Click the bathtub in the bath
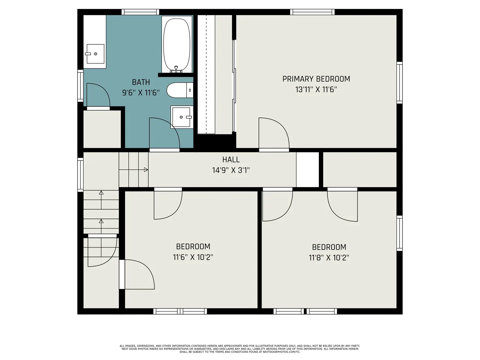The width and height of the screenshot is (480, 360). click(x=176, y=44)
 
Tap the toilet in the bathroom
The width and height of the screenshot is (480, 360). click(x=180, y=90)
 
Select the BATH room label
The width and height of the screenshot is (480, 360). click(x=141, y=82)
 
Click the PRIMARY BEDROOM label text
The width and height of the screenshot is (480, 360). click(x=316, y=79)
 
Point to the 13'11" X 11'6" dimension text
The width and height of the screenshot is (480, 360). click(x=316, y=89)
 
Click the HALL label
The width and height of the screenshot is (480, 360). click(x=231, y=160)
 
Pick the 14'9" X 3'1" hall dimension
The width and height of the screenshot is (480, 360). click(x=231, y=170)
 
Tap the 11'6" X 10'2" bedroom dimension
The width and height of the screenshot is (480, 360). click(x=193, y=257)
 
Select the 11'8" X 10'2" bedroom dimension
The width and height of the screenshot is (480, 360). click(x=329, y=258)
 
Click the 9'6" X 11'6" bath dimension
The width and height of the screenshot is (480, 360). click(x=141, y=93)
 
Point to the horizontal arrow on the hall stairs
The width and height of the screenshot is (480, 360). click(x=133, y=169)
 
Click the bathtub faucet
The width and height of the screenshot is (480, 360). click(x=176, y=69)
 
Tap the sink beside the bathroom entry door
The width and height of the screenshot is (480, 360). click(x=181, y=117)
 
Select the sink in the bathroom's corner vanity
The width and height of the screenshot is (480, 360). click(x=95, y=54)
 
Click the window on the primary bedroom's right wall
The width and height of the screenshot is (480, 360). click(x=399, y=82)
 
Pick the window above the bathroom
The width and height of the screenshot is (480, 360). click(x=140, y=12)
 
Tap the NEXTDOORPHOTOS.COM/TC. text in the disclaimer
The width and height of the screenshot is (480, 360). click(x=281, y=352)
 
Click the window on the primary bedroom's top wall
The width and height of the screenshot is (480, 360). click(x=312, y=12)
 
